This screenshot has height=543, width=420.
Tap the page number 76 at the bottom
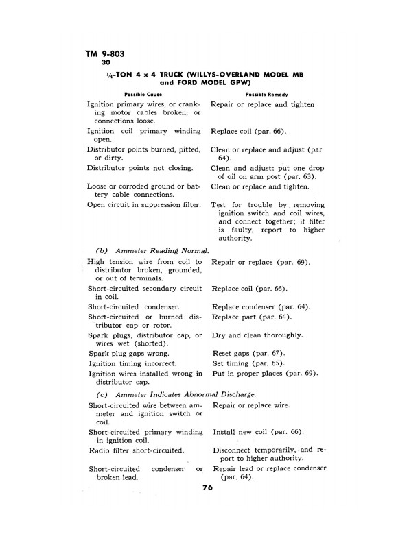tap(208, 488)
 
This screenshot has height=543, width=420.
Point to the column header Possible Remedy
tap(266, 94)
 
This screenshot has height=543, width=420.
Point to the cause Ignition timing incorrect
tap(132, 363)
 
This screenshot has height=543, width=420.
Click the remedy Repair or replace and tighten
tap(263, 104)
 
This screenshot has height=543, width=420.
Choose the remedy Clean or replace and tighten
tap(260, 186)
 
